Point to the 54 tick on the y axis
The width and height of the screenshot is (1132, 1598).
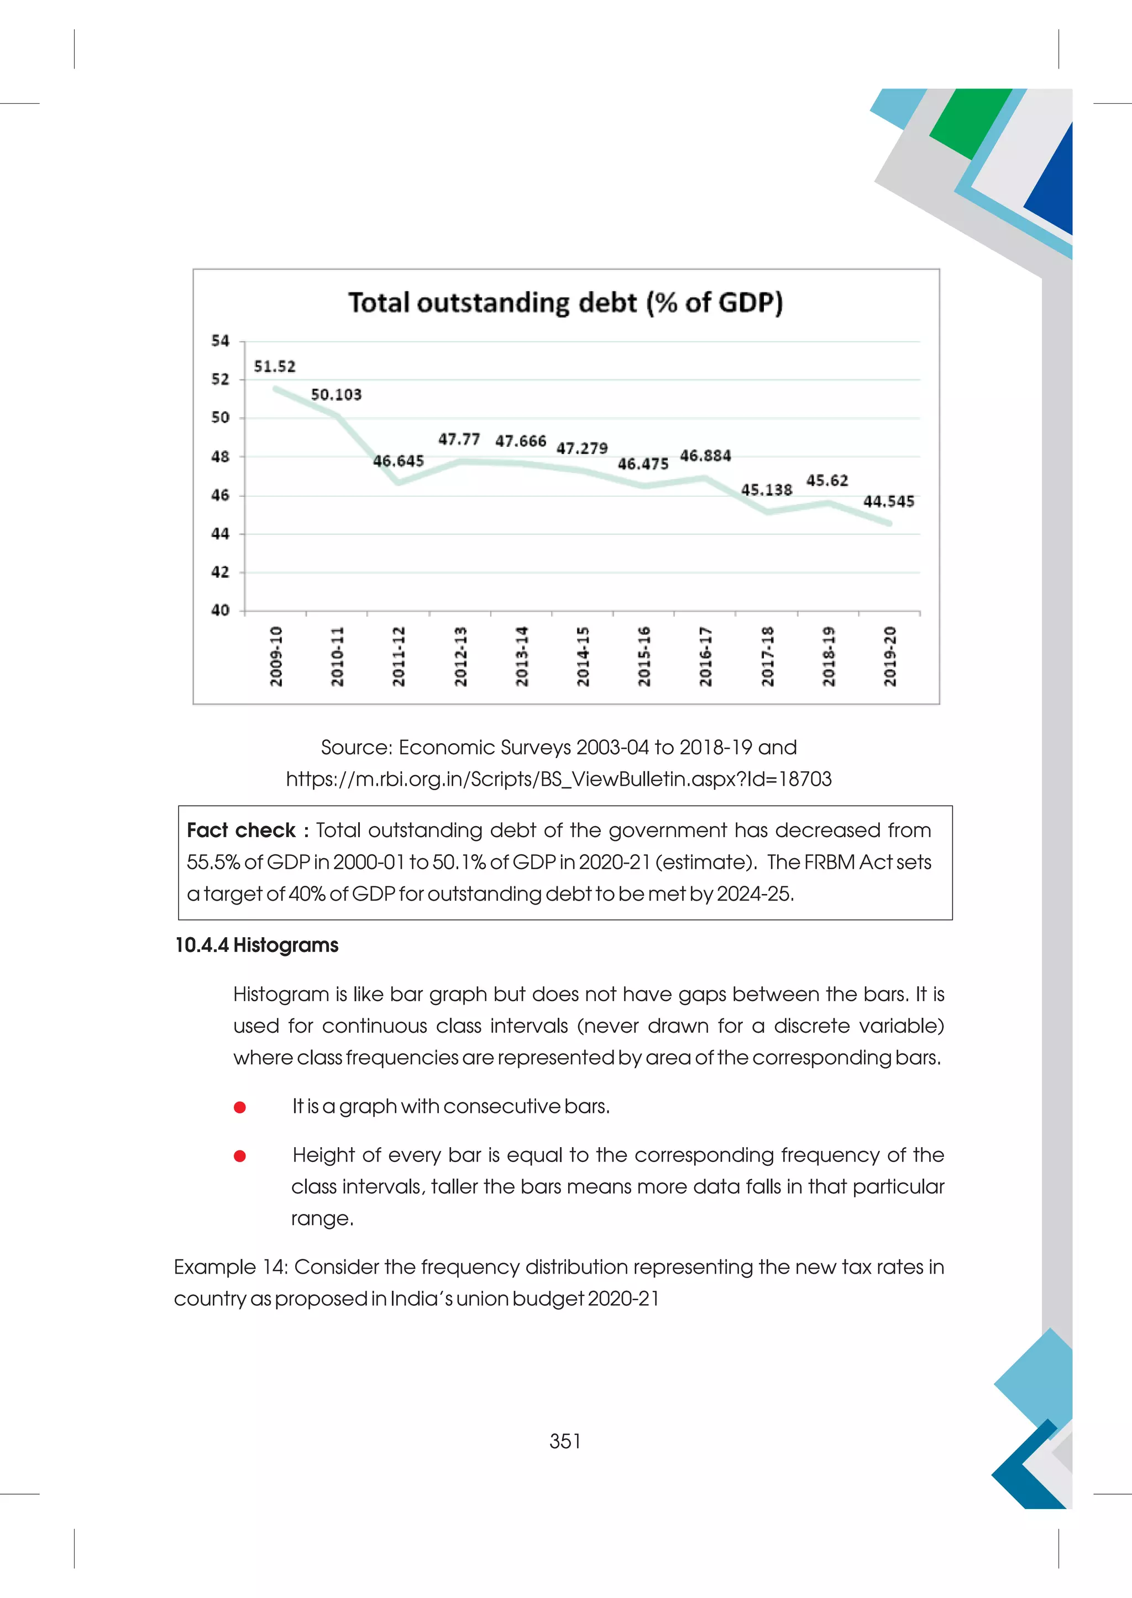click(x=221, y=341)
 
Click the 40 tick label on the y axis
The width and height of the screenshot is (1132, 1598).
click(x=221, y=611)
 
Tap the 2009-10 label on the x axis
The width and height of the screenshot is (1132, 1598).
click(x=276, y=656)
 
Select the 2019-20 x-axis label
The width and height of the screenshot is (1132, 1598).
click(x=889, y=656)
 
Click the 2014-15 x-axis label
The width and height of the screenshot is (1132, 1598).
click(x=583, y=656)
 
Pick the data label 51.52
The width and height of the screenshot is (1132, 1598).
click(x=275, y=366)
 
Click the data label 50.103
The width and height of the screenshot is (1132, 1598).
click(x=336, y=395)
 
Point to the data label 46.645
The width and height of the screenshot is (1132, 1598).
click(x=398, y=461)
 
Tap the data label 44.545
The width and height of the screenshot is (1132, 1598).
click(x=889, y=502)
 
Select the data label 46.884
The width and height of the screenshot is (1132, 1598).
click(x=705, y=456)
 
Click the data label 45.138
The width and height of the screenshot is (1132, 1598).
click(x=767, y=490)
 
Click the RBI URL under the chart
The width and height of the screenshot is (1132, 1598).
click(x=558, y=779)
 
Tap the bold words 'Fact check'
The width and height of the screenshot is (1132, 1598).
click(x=241, y=830)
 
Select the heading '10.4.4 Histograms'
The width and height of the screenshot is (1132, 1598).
click(x=256, y=945)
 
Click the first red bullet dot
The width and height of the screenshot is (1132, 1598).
click(x=240, y=1107)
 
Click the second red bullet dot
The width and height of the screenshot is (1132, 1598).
click(x=240, y=1156)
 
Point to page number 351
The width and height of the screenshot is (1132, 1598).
click(x=565, y=1441)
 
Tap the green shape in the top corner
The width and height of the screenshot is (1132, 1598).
click(x=969, y=122)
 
